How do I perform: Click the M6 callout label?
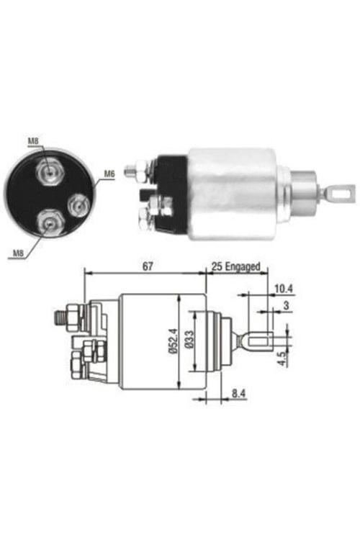109,174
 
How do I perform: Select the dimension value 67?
148,266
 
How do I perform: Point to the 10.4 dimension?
282,289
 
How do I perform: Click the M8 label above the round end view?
33,142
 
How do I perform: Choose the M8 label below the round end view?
19,252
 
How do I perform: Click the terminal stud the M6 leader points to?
76,204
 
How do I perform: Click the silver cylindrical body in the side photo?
234,193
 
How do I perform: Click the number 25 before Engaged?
216,266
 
